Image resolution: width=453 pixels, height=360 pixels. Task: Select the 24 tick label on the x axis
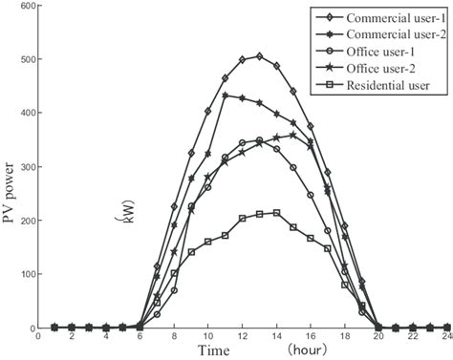446,337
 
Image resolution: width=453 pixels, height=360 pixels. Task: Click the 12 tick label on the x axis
243,337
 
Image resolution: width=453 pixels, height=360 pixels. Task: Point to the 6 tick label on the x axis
140,337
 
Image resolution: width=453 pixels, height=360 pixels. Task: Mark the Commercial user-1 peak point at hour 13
260,56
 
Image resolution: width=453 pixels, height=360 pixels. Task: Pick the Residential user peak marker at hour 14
277,213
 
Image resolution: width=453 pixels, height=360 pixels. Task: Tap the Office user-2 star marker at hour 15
293,135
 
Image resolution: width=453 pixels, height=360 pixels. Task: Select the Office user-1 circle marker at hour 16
311,195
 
